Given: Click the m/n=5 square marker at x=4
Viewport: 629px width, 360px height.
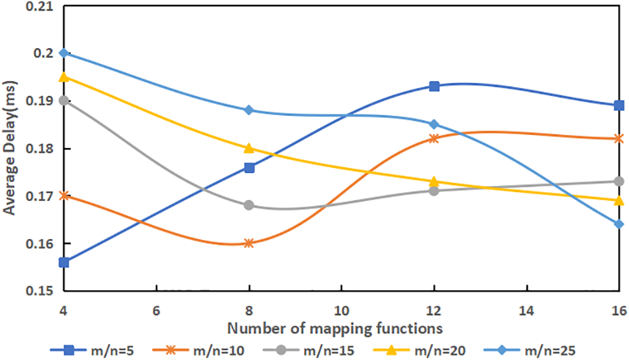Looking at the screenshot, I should click(64, 262).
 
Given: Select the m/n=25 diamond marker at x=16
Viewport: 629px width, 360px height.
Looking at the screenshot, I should click(619, 224).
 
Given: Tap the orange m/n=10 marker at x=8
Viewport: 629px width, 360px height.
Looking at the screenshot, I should click(249, 243).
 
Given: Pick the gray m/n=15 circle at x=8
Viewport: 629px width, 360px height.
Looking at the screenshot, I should click(249, 205).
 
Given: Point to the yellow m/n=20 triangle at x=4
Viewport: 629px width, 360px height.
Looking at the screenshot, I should click(64, 77).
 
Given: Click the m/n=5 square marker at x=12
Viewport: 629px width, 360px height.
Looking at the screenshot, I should click(434, 86).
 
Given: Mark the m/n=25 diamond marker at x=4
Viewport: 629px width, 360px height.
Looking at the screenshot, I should click(64, 53).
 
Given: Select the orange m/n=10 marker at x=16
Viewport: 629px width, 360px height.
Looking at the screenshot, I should click(619, 138).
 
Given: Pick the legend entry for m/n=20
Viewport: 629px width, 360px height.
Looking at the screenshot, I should click(447, 349).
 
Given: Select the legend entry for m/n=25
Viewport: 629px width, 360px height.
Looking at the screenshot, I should click(560, 349).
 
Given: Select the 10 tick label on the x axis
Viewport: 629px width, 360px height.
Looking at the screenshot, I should click(341, 306).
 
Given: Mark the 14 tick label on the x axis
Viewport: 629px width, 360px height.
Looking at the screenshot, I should click(526, 306).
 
